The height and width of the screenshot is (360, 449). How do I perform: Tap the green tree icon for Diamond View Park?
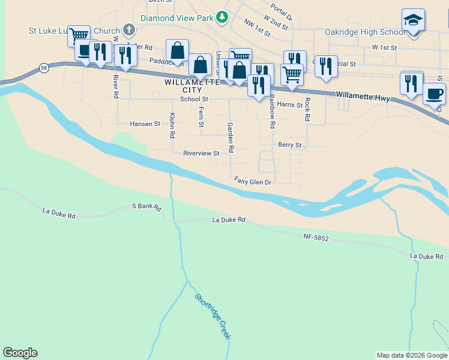pos(222,17)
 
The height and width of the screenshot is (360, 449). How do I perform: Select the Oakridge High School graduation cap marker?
pos(413,20)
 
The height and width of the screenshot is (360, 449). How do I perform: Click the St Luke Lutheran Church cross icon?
pos(128,29)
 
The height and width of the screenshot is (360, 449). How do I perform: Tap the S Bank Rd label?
pos(147,207)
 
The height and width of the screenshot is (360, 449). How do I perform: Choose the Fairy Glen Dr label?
pos(253,181)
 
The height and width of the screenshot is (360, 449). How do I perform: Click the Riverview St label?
pos(201,154)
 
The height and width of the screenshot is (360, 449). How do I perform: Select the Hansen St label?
pos(145,124)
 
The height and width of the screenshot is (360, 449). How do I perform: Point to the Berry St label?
pos(289,145)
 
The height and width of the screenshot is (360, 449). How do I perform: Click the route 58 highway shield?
pos(44,68)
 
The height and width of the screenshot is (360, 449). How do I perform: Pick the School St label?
pos(194,99)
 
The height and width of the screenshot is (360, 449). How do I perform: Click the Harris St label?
pos(290,105)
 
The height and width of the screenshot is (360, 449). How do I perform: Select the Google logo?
pos(20,353)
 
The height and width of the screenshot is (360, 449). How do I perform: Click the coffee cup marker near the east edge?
pos(434,94)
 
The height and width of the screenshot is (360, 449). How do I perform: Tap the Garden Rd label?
pos(229,136)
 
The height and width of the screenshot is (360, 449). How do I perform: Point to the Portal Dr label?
pos(282,9)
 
